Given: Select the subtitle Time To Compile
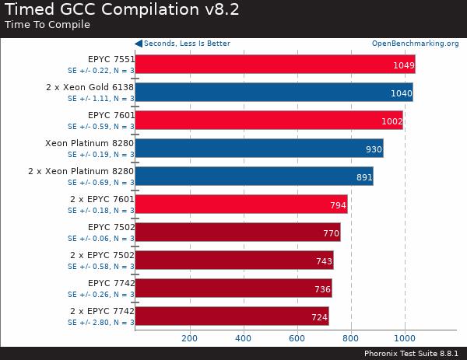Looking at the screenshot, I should [47, 25].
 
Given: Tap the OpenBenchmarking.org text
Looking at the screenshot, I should [415, 44].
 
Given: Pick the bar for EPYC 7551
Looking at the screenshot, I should [275, 64].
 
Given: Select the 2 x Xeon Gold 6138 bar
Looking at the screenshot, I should [273, 92].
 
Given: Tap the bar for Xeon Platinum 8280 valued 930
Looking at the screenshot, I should [258, 148].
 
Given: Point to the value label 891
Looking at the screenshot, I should [364, 177].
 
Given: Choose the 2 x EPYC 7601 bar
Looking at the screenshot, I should [241, 204].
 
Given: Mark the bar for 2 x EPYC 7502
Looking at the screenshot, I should [234, 260].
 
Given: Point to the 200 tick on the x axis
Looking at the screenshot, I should [189, 338].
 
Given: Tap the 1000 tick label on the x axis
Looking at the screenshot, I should [404, 338].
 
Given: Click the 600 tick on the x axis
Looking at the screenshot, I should [297, 338].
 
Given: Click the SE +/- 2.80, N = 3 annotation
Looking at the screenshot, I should [100, 322].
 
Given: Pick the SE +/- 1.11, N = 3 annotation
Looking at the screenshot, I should [100, 99].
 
